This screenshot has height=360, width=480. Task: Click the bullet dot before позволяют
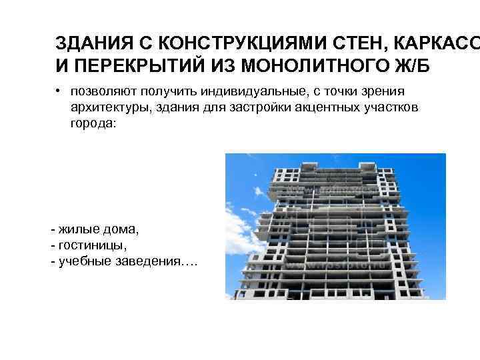(59, 91)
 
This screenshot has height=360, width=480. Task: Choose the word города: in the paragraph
(93, 123)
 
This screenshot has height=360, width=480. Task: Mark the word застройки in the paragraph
(263, 107)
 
